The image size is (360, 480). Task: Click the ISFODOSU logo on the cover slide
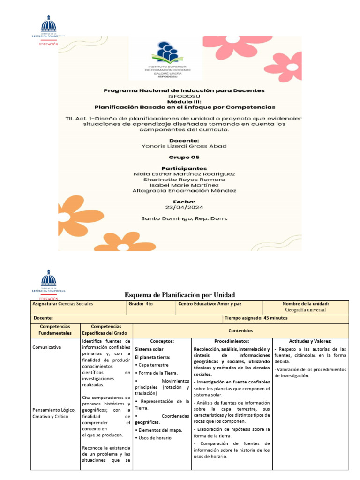pos(166,58)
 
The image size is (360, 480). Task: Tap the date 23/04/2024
pos(184,207)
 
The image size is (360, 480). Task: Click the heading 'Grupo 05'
pos(184,157)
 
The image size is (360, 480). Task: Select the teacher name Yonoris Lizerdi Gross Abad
pos(184,146)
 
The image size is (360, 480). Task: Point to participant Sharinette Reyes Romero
pos(184,179)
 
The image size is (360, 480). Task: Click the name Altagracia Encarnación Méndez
pos(184,190)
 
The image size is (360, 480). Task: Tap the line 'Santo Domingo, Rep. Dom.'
pos(184,218)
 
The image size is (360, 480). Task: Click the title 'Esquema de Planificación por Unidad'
pos(180,294)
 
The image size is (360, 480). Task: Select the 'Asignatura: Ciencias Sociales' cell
pos(63,304)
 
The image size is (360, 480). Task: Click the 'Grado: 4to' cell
pos(141,304)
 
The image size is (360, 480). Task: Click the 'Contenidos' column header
pos(240,330)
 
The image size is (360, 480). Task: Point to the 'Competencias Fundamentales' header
pos(55,330)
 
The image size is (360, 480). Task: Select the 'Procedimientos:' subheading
pos(232,341)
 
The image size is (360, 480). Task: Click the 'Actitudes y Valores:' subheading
pos(310,341)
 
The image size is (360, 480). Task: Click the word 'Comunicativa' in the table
pos(46,348)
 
